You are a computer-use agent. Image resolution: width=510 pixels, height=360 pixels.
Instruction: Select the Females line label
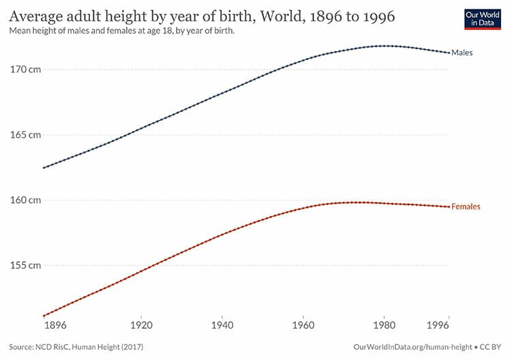tap(466, 207)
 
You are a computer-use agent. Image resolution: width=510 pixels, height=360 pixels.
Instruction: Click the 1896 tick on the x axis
tap(56, 327)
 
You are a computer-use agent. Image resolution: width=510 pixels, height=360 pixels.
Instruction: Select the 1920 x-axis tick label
tap(141, 327)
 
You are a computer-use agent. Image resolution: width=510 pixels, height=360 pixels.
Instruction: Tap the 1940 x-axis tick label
tap(222, 327)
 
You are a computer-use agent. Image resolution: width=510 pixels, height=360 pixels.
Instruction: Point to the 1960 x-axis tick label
tap(303, 327)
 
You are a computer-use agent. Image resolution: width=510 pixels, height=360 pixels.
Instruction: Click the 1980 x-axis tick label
tap(385, 327)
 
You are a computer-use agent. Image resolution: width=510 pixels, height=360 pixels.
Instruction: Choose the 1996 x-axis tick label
tap(449, 327)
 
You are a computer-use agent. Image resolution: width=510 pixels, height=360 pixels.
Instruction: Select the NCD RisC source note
tap(76, 348)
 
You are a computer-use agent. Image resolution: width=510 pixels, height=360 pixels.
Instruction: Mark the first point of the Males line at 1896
tap(44, 168)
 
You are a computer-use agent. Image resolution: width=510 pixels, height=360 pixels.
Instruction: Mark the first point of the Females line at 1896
tap(44, 316)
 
